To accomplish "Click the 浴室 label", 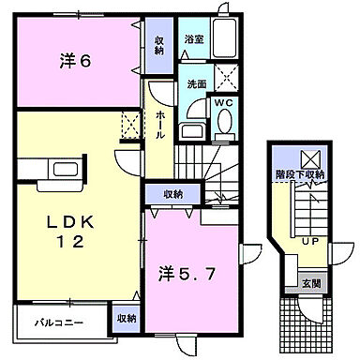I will click(x=194, y=41).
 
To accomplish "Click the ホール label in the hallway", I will click(x=161, y=122).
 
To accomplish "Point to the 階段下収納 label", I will click(x=308, y=175).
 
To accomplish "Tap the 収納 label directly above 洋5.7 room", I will click(x=172, y=194).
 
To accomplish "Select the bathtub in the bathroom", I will click(x=223, y=41).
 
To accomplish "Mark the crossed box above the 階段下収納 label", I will click(x=308, y=157).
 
